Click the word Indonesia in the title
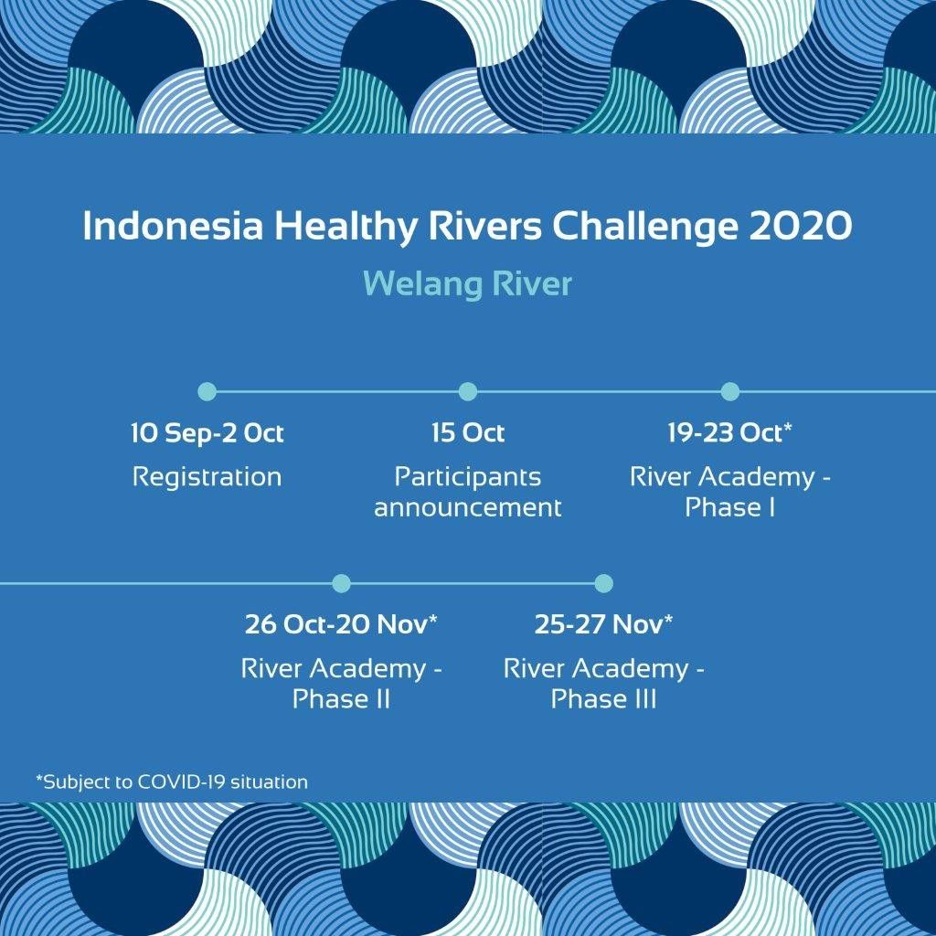173,227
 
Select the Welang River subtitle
467,283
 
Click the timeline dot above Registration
207,391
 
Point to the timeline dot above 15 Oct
468,391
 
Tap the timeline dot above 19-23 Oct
730,391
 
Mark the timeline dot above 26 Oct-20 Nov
342,583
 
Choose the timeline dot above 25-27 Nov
603,583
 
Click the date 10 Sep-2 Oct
207,433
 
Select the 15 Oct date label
468,433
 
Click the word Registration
207,477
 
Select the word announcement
468,508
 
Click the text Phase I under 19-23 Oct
730,507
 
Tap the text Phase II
342,699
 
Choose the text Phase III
603,699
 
